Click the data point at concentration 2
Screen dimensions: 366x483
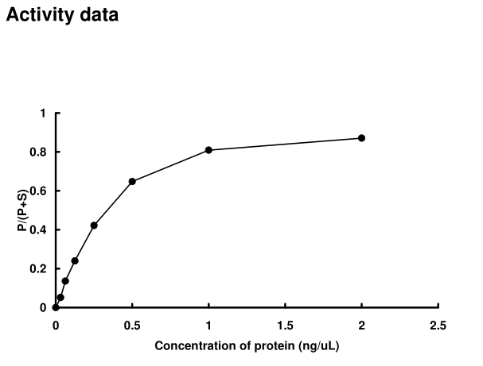[361, 138]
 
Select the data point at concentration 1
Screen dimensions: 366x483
[208, 150]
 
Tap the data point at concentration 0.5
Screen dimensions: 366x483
[132, 181]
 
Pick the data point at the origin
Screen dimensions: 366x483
[56, 307]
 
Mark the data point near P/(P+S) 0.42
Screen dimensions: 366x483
[94, 225]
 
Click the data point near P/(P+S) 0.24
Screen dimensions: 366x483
[75, 260]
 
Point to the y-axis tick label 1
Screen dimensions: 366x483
[44, 113]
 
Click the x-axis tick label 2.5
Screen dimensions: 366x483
[438, 326]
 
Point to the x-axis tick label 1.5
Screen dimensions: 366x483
[285, 326]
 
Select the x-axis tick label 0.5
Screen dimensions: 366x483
[132, 326]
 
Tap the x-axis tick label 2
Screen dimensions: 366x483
[361, 326]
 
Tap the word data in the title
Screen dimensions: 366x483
[96, 15]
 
